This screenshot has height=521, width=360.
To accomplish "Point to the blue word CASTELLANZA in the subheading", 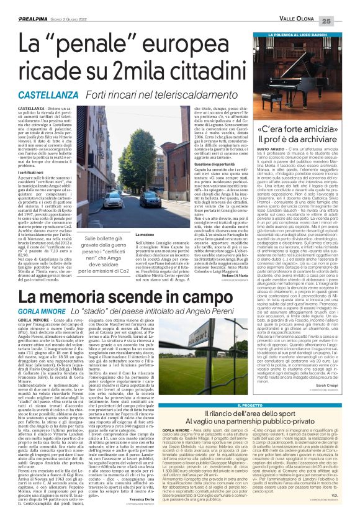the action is coord(47,96).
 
